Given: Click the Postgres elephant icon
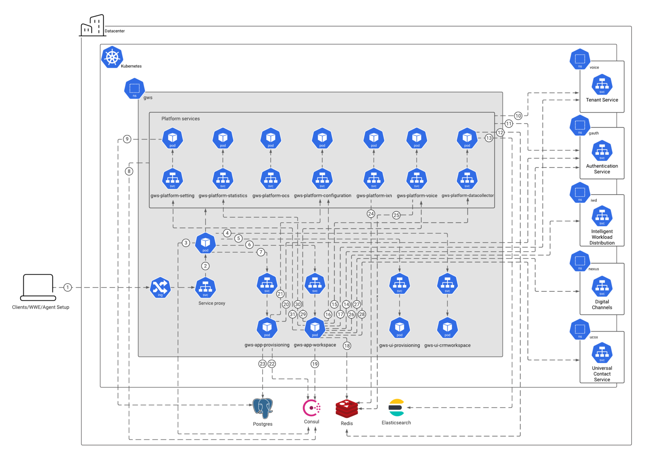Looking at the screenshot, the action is (x=263, y=408).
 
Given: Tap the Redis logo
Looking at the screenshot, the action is (x=347, y=408).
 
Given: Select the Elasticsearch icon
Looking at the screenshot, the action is (x=396, y=408).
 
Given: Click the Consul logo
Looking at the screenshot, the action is (x=311, y=408).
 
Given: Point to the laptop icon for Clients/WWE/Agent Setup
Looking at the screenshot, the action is (x=38, y=287).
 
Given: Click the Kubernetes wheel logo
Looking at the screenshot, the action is (x=112, y=57).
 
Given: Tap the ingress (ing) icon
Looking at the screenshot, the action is (x=160, y=287).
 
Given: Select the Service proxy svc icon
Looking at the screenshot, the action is (x=205, y=287).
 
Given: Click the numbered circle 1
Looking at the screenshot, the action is (x=67, y=287).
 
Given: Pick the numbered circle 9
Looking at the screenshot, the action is (x=127, y=139).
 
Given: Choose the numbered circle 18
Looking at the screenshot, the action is (x=347, y=346).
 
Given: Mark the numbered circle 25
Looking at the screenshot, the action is (x=396, y=215).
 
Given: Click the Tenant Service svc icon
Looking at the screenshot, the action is (x=602, y=85).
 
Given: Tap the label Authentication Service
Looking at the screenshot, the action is (x=602, y=169).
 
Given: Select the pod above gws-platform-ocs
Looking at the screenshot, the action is (x=271, y=138).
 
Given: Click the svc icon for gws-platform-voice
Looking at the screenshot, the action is (x=417, y=179).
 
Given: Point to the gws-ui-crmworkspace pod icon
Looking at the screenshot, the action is (x=448, y=328).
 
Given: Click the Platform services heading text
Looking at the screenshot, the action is (x=180, y=119).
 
